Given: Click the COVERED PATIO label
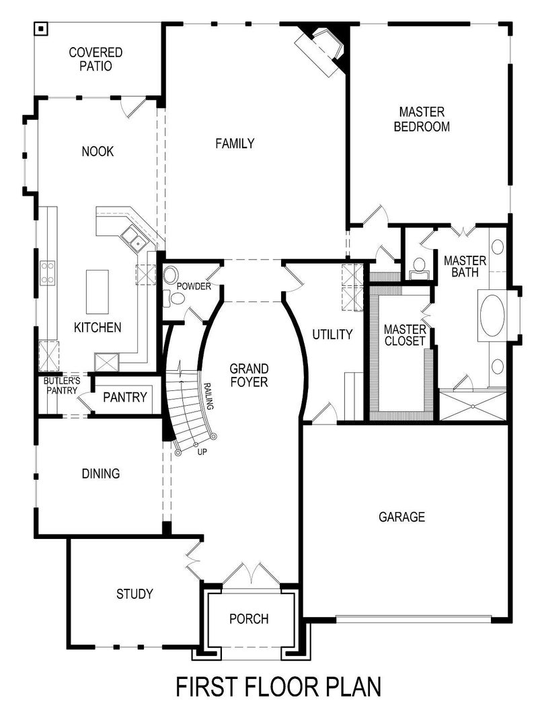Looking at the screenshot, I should click(x=95, y=59).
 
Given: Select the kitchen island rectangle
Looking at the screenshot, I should click(x=98, y=291).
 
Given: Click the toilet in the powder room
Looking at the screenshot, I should click(x=171, y=275).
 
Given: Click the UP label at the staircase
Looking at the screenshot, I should click(x=202, y=452).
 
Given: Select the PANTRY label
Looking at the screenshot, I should click(x=124, y=398).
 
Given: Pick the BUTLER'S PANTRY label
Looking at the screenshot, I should click(x=62, y=386).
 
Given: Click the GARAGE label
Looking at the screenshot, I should click(x=401, y=517).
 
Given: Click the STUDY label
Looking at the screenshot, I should click(x=134, y=594).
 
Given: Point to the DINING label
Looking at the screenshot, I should click(x=101, y=474).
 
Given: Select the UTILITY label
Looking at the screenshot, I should click(x=332, y=335).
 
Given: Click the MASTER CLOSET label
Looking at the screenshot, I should click(x=405, y=335).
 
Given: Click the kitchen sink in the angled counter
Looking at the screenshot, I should click(x=131, y=238).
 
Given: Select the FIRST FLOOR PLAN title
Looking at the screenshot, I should click(x=278, y=687).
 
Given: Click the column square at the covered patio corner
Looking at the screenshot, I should click(x=42, y=28).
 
